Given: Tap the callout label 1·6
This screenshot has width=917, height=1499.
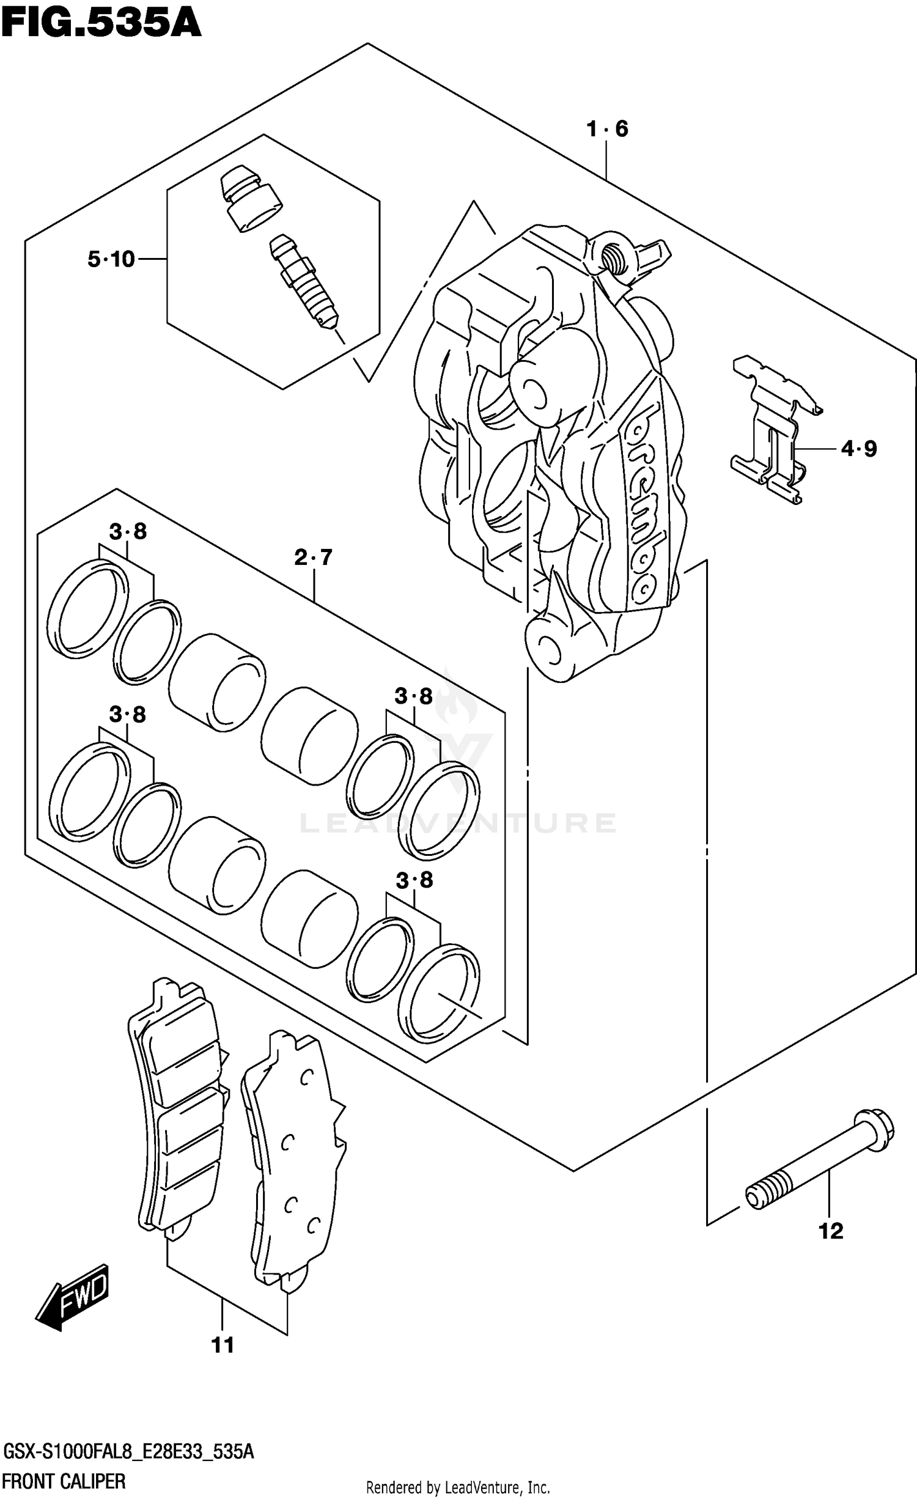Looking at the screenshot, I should click(x=606, y=128).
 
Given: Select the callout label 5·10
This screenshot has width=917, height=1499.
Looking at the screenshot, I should click(x=111, y=259).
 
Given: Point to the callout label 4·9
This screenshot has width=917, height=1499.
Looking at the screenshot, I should click(x=859, y=449).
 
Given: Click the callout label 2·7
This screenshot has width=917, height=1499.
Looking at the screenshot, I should click(x=313, y=557).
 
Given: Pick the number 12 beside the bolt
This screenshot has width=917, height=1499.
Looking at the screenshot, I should click(x=830, y=1231).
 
